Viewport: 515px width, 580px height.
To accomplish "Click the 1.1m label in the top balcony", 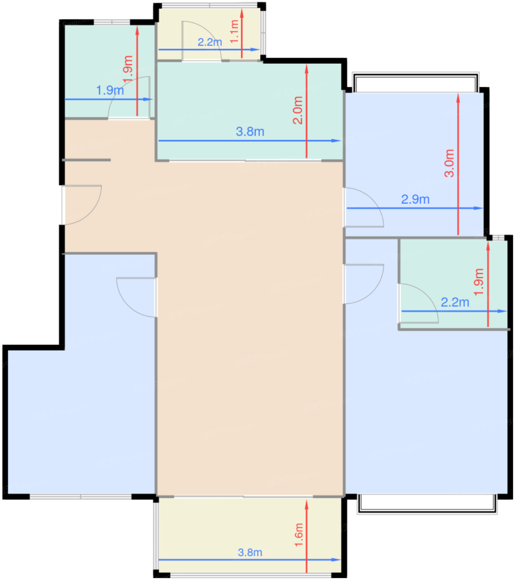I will coord(234,31).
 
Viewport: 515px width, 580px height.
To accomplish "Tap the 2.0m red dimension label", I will coord(298,110).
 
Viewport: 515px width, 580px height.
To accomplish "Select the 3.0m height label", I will coord(449,163).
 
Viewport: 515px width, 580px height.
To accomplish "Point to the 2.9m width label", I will coord(415,199).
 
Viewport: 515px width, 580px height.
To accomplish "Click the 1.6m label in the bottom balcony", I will coord(299,535).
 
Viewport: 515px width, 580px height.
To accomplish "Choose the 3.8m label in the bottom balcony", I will coord(250,552).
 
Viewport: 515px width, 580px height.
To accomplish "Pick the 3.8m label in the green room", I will coord(250,132).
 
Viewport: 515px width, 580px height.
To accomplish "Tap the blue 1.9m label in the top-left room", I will coord(110,90).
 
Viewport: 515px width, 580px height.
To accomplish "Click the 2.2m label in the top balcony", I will coord(210,42).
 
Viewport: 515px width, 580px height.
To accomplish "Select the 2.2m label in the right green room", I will coord(455,302).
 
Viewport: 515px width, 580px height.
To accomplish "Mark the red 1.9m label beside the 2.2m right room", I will coord(479,282).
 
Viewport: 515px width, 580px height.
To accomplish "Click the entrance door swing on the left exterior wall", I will coord(83,205).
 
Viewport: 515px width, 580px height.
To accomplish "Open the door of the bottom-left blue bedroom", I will coord(137,296).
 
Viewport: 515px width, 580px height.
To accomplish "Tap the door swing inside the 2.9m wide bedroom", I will coord(364,207).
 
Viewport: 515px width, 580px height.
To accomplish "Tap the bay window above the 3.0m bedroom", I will coord(415,83).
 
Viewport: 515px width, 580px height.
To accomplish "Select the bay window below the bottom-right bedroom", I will coord(427,504).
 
